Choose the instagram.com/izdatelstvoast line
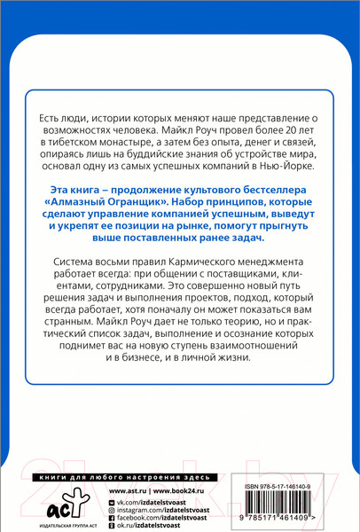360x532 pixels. pyautogui.click(x=170, y=512)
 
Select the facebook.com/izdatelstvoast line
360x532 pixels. pyautogui.click(x=168, y=520)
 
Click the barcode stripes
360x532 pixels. pyautogui.click(x=290, y=505)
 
